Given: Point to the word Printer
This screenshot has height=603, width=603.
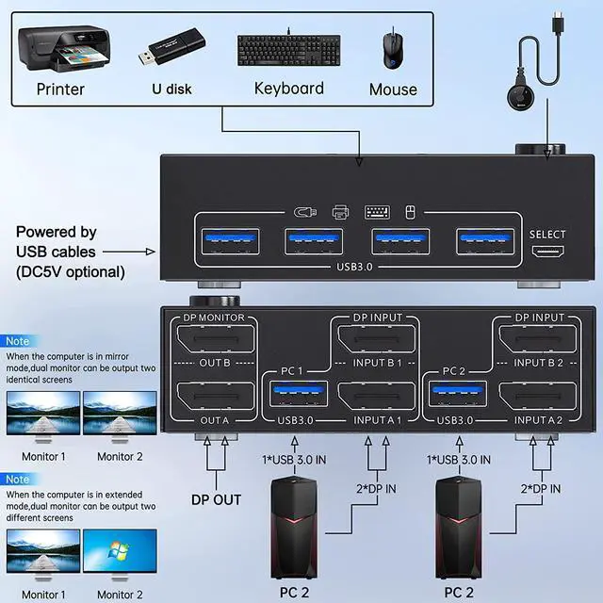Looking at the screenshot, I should click(x=60, y=90).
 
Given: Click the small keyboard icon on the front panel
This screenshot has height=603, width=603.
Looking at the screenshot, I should click(x=376, y=211).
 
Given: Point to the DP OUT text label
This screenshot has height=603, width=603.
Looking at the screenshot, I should click(x=215, y=499).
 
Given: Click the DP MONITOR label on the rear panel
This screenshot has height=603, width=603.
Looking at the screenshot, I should click(x=214, y=318).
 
